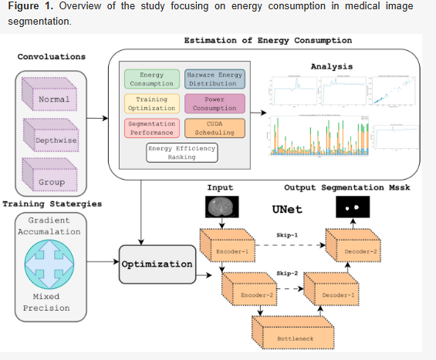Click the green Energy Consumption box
[x=151, y=79]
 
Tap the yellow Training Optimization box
[x=151, y=104]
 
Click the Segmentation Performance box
[x=151, y=128]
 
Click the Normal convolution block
[x=53, y=98]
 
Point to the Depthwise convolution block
[x=53, y=140]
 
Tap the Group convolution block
[x=53, y=183]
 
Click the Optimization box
[x=156, y=264]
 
